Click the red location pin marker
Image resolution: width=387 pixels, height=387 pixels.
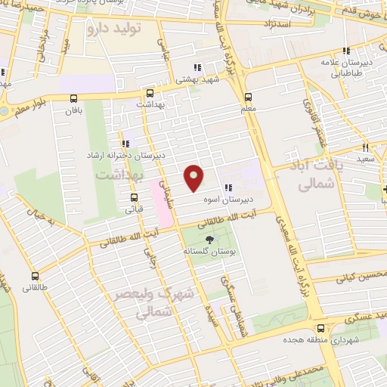(x=195, y=178)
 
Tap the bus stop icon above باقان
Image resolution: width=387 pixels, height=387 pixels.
(x=74, y=98)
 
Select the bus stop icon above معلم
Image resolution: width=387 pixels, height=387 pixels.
(x=248, y=97)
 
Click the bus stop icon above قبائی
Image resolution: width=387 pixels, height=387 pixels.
(x=133, y=197)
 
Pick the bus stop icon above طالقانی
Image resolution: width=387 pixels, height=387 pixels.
(x=35, y=276)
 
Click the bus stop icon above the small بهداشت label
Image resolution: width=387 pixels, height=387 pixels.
(x=150, y=94)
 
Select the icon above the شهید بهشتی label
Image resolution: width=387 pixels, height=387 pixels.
(x=198, y=67)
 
